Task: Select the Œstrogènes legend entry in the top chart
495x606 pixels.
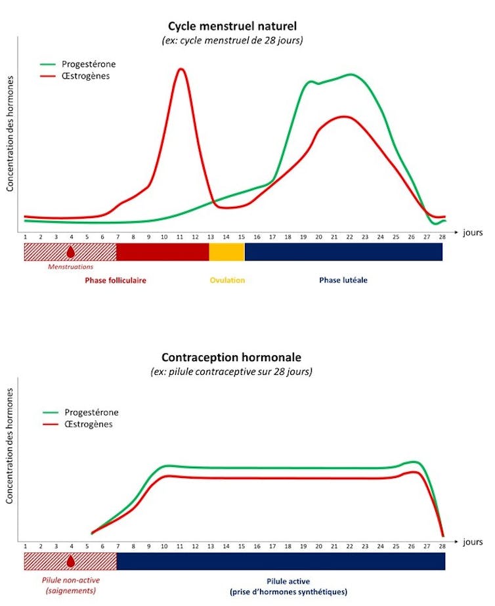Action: click(85, 76)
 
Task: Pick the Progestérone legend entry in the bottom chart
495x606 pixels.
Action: click(91, 412)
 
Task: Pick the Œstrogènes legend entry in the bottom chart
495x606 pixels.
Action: click(88, 424)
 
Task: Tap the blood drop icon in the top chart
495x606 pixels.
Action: click(71, 251)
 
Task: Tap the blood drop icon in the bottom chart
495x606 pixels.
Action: click(71, 561)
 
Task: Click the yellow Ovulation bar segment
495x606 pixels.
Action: click(226, 252)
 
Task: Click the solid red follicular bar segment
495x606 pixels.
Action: click(162, 252)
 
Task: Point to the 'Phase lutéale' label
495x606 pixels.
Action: click(343, 280)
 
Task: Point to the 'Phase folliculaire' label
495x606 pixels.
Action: click(116, 280)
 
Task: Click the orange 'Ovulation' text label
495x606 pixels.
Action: click(227, 280)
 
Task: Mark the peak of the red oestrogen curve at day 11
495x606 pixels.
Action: click(181, 69)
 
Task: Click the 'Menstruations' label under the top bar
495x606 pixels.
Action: click(71, 267)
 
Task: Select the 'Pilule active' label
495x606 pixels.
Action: click(290, 582)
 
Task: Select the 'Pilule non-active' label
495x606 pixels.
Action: click(71, 581)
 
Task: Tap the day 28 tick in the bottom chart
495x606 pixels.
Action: click(442, 546)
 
